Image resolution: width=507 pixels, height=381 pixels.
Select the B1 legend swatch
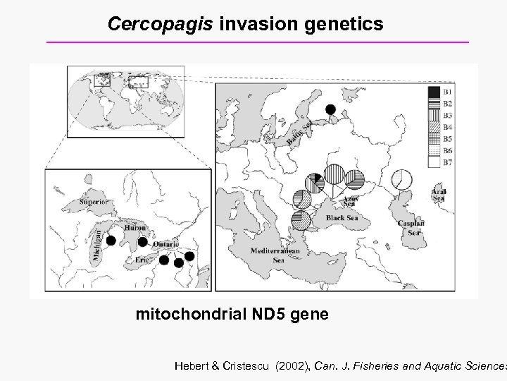pos(433,92)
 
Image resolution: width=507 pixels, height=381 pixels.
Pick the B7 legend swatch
pos(433,162)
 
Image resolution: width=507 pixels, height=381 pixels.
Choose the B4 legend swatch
pos(433,128)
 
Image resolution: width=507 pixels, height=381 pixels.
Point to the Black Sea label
pos(342,218)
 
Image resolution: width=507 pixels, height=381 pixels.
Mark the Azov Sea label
pos(350,200)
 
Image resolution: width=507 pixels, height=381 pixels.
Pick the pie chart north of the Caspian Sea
pos(402,179)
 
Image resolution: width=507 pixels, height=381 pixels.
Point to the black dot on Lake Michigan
pos(111,241)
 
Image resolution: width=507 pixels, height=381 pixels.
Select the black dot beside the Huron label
pos(142,242)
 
